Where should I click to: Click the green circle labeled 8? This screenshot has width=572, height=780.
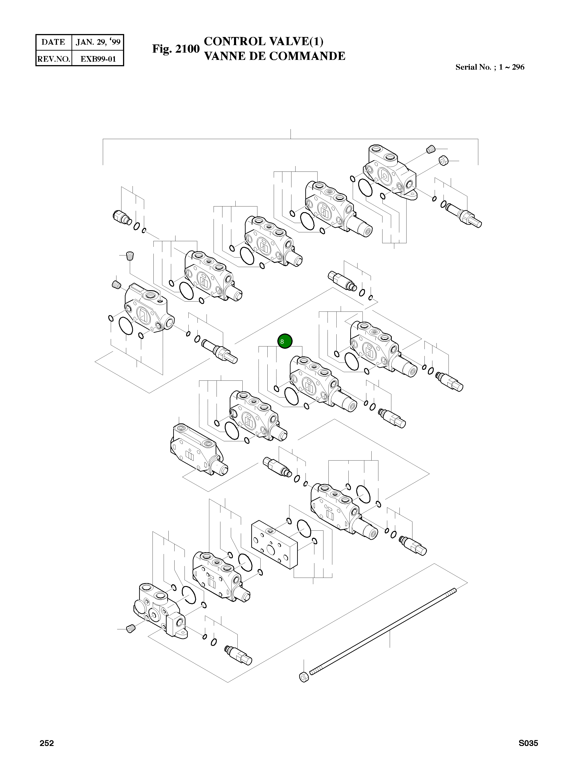[x=285, y=341]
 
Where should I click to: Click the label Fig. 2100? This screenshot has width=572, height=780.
[x=175, y=49]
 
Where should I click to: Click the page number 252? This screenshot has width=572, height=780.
[x=47, y=743]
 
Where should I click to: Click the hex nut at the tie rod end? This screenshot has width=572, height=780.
[x=303, y=677]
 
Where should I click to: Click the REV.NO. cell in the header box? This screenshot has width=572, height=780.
[x=53, y=59]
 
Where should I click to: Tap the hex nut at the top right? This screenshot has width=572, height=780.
[x=444, y=161]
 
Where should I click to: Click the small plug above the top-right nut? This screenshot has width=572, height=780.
[x=430, y=150]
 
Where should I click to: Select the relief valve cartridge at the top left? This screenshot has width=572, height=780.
[x=121, y=217]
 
